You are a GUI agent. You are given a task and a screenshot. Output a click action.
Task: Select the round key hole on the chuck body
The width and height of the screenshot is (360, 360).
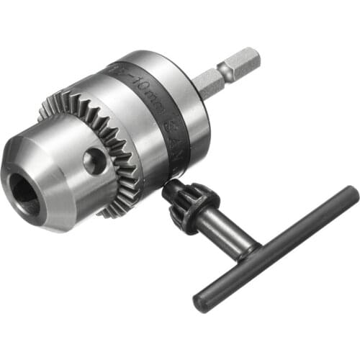pos(94,161)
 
